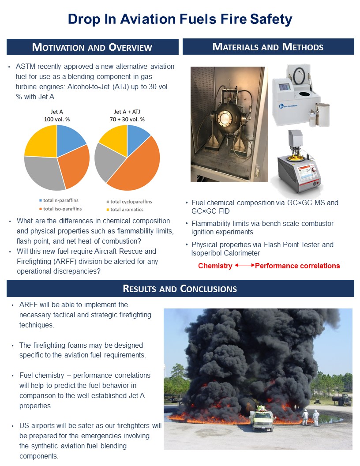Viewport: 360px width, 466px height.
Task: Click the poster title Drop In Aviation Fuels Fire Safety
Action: point(180,19)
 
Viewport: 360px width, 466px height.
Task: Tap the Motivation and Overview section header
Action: point(92,47)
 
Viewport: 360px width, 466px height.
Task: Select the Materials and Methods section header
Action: point(268,47)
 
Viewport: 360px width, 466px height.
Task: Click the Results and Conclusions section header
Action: point(180,289)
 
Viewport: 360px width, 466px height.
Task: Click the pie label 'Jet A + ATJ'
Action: point(127,112)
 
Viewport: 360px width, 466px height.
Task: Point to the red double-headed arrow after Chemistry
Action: point(244,266)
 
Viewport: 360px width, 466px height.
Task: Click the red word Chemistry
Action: point(215,266)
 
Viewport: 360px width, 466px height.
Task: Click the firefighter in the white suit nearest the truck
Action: point(304,417)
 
